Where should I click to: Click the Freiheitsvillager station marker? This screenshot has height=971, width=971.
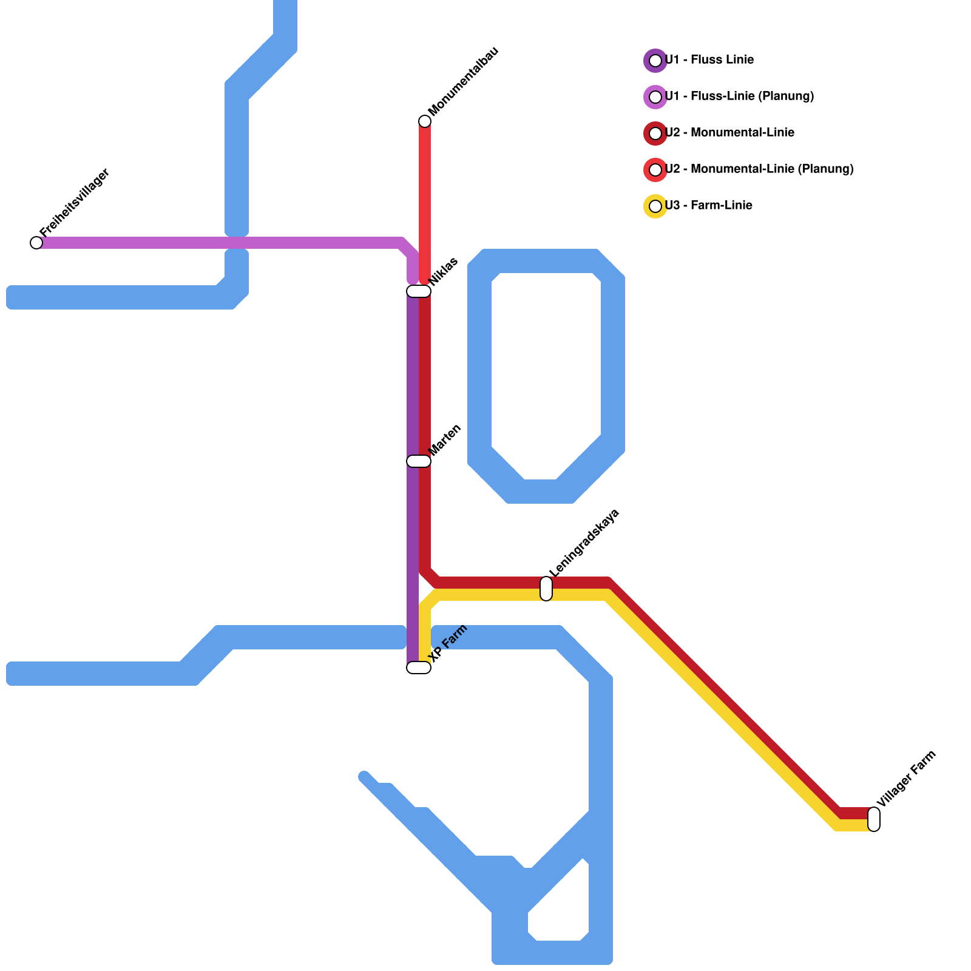click(x=36, y=243)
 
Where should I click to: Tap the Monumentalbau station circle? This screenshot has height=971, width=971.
click(x=425, y=121)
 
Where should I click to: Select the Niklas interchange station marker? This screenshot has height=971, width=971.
click(x=419, y=291)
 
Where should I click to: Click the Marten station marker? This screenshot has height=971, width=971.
click(x=419, y=461)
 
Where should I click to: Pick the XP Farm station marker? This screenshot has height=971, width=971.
click(x=419, y=668)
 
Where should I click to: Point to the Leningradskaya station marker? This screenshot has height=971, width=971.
click(x=546, y=589)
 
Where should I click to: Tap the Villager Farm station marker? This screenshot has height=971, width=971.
click(x=874, y=819)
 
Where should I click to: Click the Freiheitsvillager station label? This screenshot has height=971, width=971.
click(x=75, y=202)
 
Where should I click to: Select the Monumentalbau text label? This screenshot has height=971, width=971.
click(x=463, y=81)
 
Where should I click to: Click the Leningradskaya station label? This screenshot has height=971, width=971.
click(x=584, y=543)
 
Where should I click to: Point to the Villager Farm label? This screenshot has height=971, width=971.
click(x=907, y=779)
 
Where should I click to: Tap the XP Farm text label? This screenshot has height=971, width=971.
click(x=448, y=643)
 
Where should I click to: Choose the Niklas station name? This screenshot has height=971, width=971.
click(x=444, y=271)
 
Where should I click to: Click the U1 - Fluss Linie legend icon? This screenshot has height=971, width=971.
click(x=655, y=61)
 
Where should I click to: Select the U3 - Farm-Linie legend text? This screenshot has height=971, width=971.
click(x=709, y=206)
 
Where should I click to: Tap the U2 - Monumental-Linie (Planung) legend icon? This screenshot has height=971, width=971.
click(x=655, y=170)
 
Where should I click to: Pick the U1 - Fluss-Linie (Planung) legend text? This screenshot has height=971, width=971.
click(x=739, y=96)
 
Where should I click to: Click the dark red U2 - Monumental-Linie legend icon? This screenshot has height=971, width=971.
click(x=655, y=134)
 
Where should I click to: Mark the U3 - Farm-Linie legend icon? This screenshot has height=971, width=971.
click(x=655, y=206)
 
